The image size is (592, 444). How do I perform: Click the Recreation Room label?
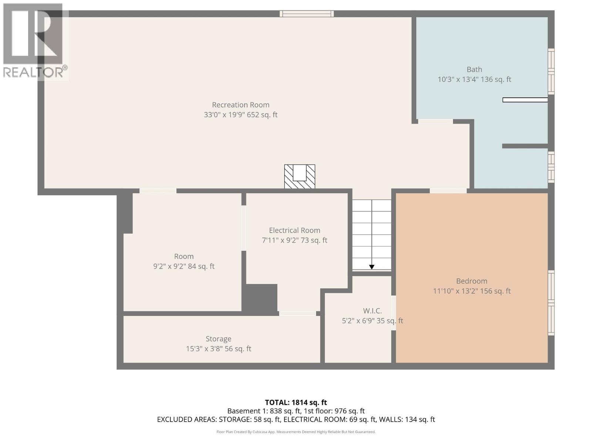point(240,105)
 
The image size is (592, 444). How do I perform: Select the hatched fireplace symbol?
point(299,176)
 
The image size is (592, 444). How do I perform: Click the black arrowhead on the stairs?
point(371,267)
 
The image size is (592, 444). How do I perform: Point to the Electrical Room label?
point(295,231)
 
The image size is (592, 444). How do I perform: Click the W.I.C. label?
point(372,311)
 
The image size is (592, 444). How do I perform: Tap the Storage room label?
point(218,339)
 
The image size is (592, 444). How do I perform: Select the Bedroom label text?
point(471,281)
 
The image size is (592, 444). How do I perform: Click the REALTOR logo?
point(34,41)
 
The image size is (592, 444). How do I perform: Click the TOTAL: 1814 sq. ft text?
point(296,403)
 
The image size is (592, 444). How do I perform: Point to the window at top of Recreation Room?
point(306,14)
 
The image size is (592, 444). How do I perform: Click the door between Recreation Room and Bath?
point(435,121)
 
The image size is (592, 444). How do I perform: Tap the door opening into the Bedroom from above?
point(448,191)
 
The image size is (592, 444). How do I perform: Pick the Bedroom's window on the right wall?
point(551,303)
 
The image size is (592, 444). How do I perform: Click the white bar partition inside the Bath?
point(525,100)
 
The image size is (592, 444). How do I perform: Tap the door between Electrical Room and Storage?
point(297,313)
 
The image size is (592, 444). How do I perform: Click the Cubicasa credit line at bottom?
point(296,432)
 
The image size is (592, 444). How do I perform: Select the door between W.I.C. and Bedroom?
point(394,313)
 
